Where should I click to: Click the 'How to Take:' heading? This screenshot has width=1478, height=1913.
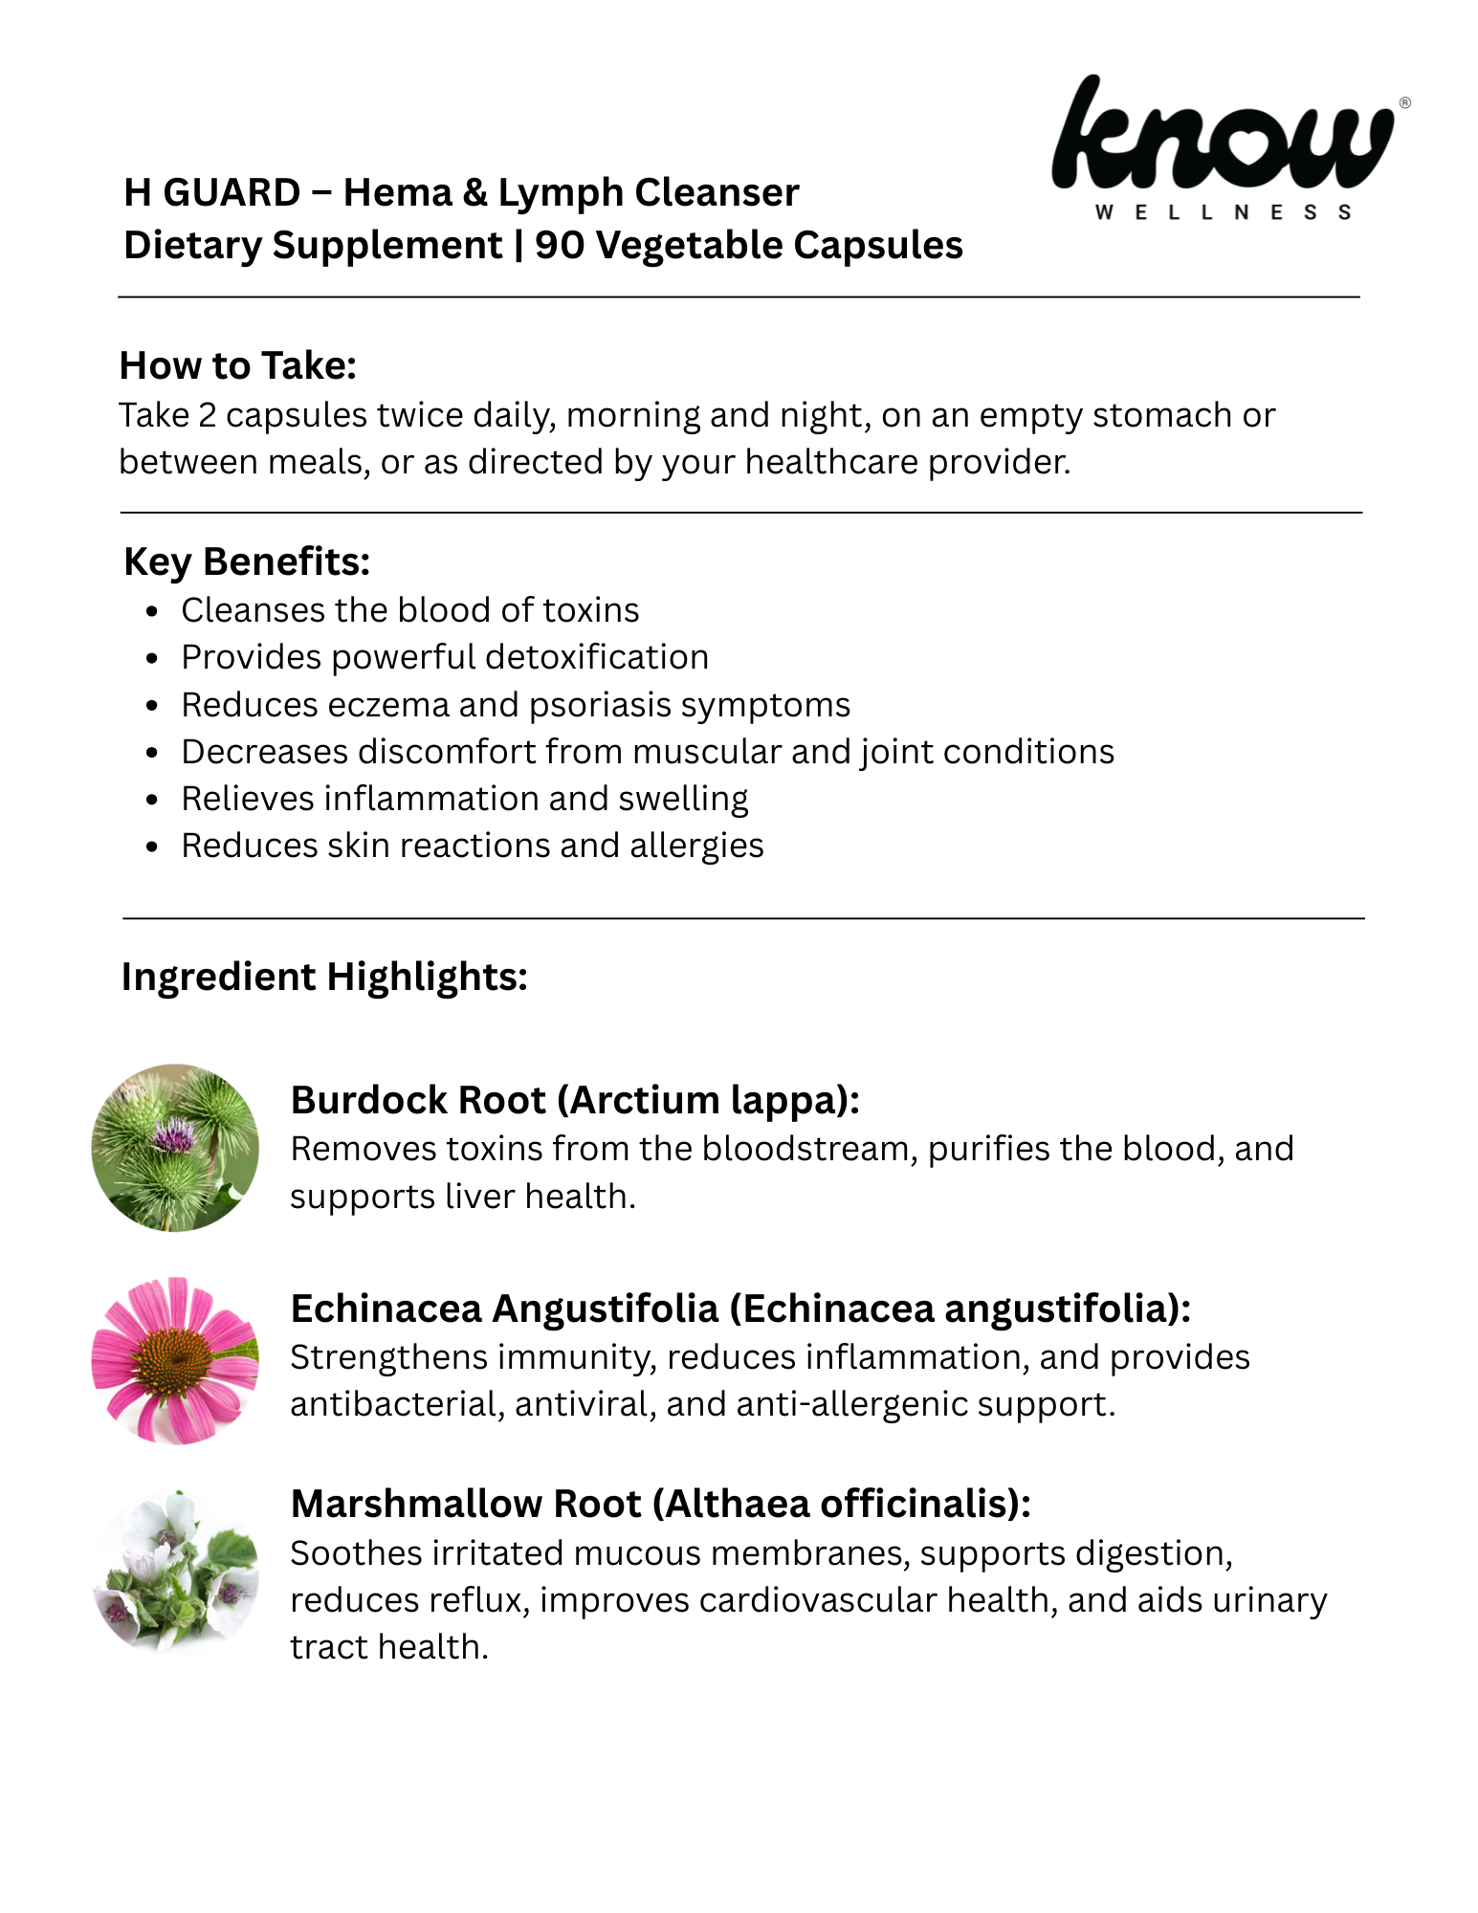237,365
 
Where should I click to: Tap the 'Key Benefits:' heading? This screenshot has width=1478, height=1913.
247,561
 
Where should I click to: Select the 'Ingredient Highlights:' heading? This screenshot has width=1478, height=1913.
324,977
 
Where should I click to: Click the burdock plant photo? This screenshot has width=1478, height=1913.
175,1148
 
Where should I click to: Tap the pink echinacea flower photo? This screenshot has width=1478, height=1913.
175,1360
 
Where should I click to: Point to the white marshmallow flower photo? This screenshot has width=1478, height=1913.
175,1571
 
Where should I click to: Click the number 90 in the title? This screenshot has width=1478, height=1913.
559,246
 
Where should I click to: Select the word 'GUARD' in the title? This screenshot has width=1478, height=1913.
232,193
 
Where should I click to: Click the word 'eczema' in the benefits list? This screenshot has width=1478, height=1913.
388,705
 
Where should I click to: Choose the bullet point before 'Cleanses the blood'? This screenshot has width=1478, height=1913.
152,611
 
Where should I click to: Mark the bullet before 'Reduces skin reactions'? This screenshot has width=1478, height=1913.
152,847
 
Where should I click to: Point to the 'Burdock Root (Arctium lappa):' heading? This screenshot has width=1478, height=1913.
575,1100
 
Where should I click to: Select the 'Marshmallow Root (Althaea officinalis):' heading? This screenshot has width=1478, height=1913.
660,1504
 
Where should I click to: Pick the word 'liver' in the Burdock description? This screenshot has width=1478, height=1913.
479,1197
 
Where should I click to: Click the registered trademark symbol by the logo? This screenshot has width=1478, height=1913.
1404,103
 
